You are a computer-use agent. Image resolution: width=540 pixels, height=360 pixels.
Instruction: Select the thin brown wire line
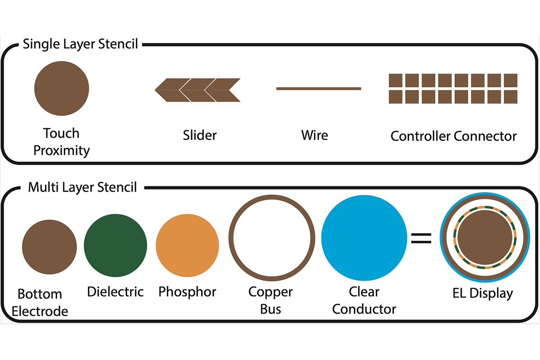coord(318,89)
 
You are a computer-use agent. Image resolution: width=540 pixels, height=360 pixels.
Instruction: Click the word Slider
coord(199,135)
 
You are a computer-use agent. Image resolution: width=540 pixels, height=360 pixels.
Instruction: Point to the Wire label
coord(315,135)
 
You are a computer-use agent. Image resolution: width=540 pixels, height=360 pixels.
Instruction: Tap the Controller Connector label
coord(453,136)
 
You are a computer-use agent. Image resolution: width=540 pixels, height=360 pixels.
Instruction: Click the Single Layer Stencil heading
coord(80,45)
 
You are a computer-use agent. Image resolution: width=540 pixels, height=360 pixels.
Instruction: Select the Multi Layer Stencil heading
coord(82,187)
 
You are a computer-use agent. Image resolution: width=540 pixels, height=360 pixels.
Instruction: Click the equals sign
coord(421,238)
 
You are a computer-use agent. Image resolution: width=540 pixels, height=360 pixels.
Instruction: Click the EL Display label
coord(482,293)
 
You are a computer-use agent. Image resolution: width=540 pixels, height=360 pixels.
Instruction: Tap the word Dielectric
coord(115,292)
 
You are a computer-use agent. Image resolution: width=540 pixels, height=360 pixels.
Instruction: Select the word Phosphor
coord(187,292)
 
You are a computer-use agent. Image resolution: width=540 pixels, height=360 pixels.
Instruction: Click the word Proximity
coord(62,150)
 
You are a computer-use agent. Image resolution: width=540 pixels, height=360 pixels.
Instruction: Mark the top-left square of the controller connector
coord(396,80)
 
